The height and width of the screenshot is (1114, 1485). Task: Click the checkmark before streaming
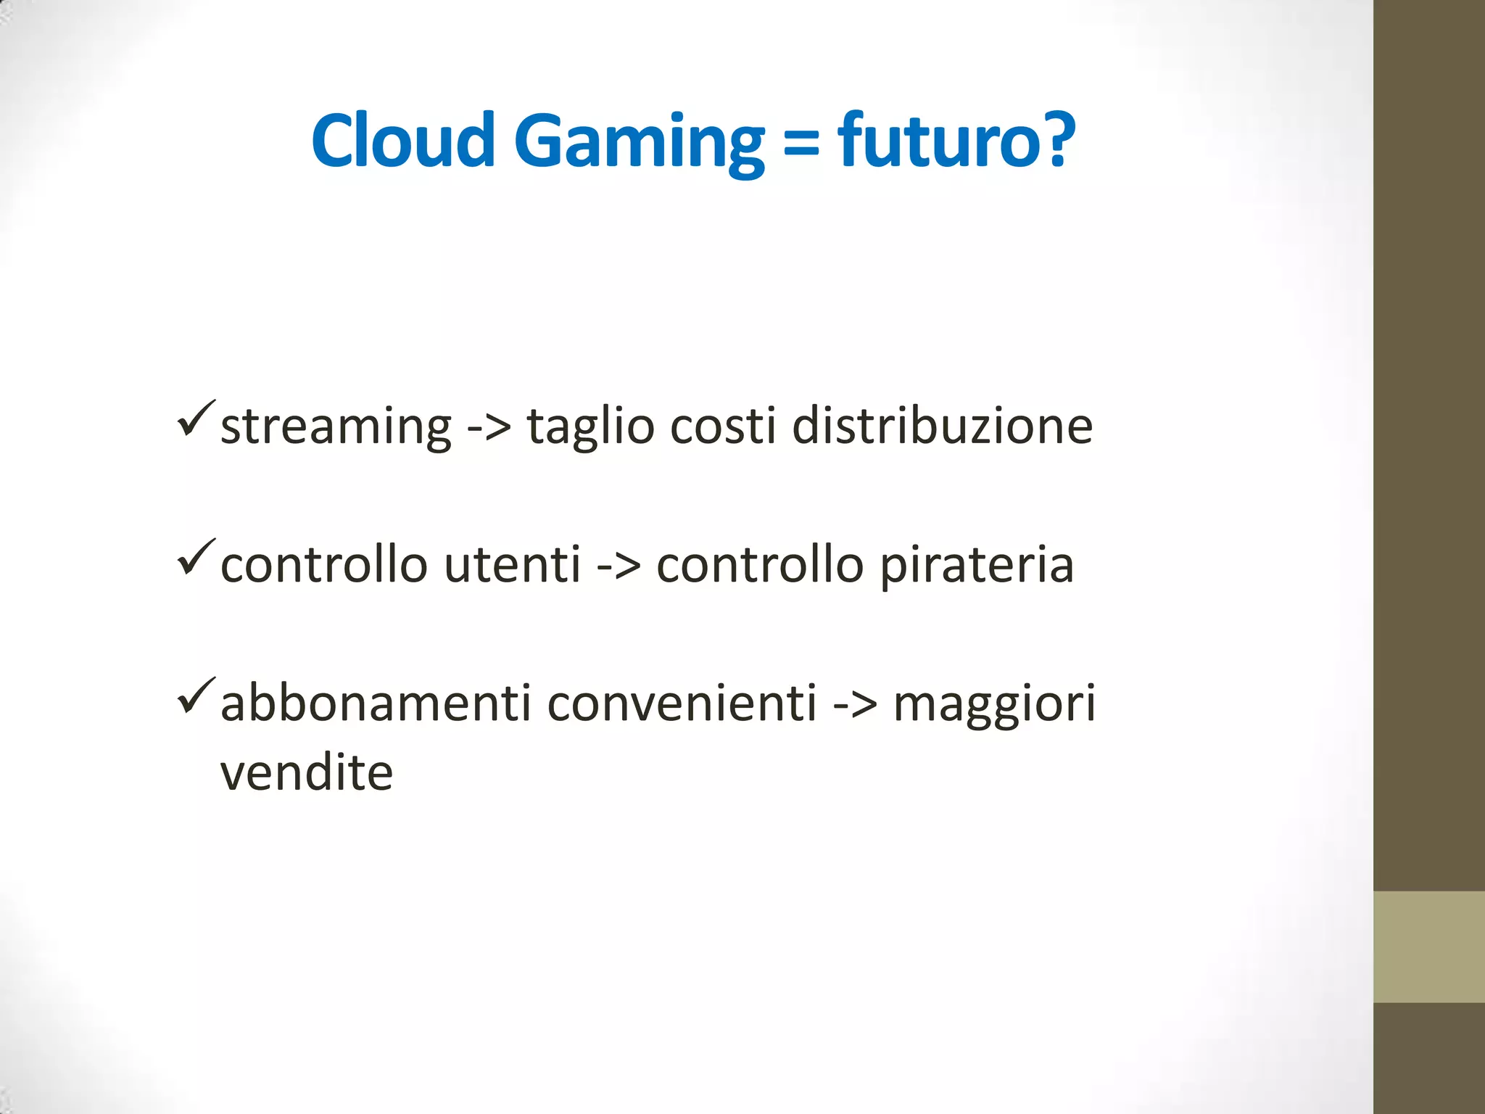(195, 418)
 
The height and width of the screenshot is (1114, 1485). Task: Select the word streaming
(336, 427)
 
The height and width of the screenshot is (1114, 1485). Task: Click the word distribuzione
(942, 426)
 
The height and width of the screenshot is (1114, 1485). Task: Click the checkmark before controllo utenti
(195, 558)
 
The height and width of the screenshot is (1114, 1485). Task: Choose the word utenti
(512, 565)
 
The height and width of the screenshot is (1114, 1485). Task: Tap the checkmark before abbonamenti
(195, 696)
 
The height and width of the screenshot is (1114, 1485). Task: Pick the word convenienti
(682, 704)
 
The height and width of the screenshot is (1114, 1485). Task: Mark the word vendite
(306, 773)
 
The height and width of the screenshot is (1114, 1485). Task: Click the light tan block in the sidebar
(1428, 946)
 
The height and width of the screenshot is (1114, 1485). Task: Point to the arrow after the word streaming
(489, 427)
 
